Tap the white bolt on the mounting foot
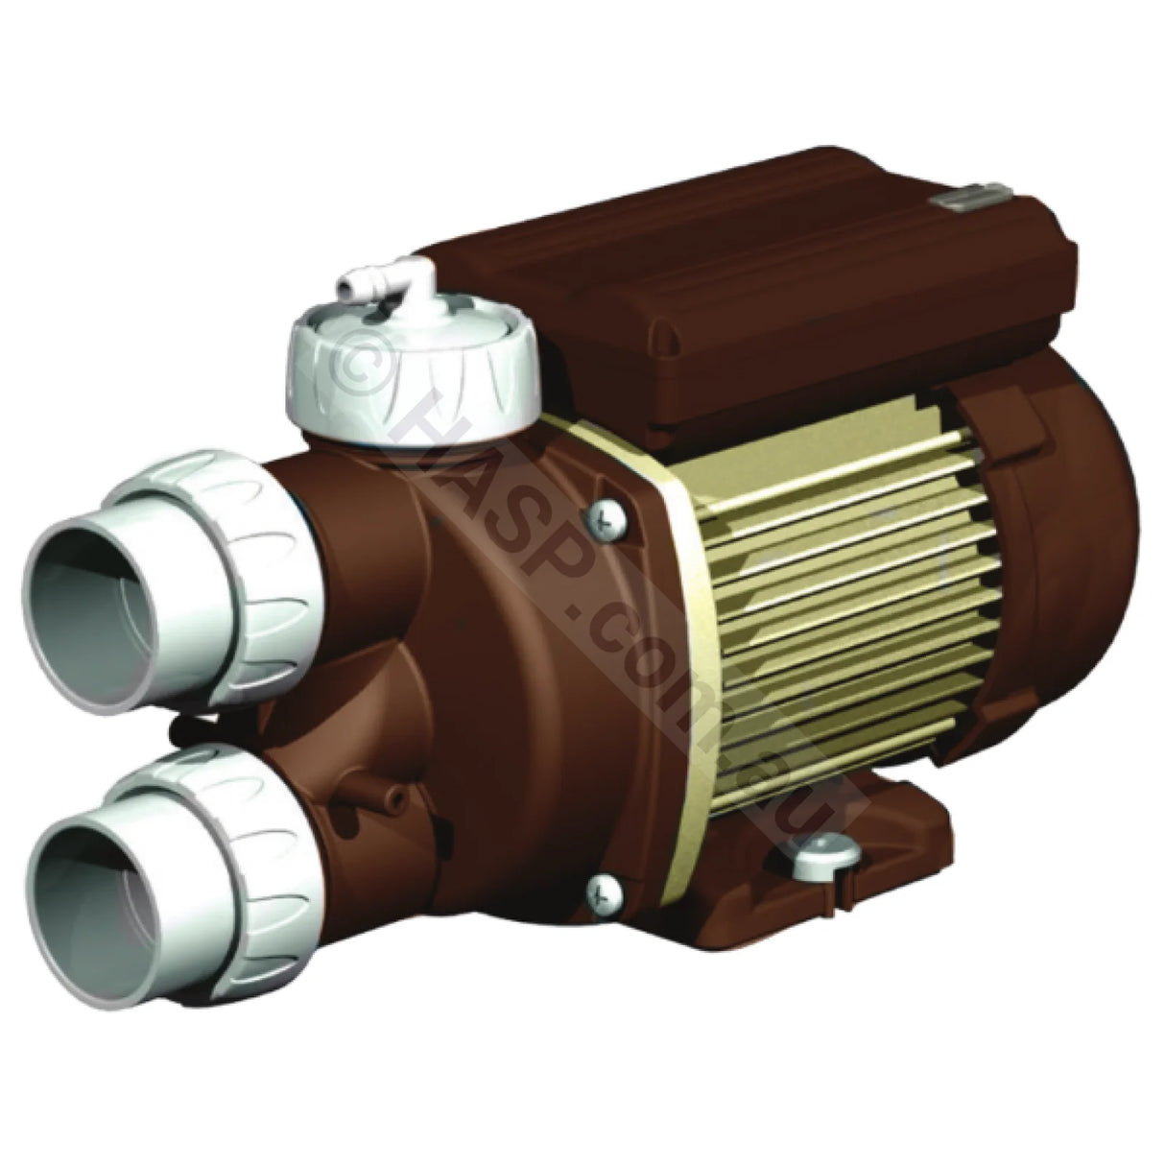coord(817,844)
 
